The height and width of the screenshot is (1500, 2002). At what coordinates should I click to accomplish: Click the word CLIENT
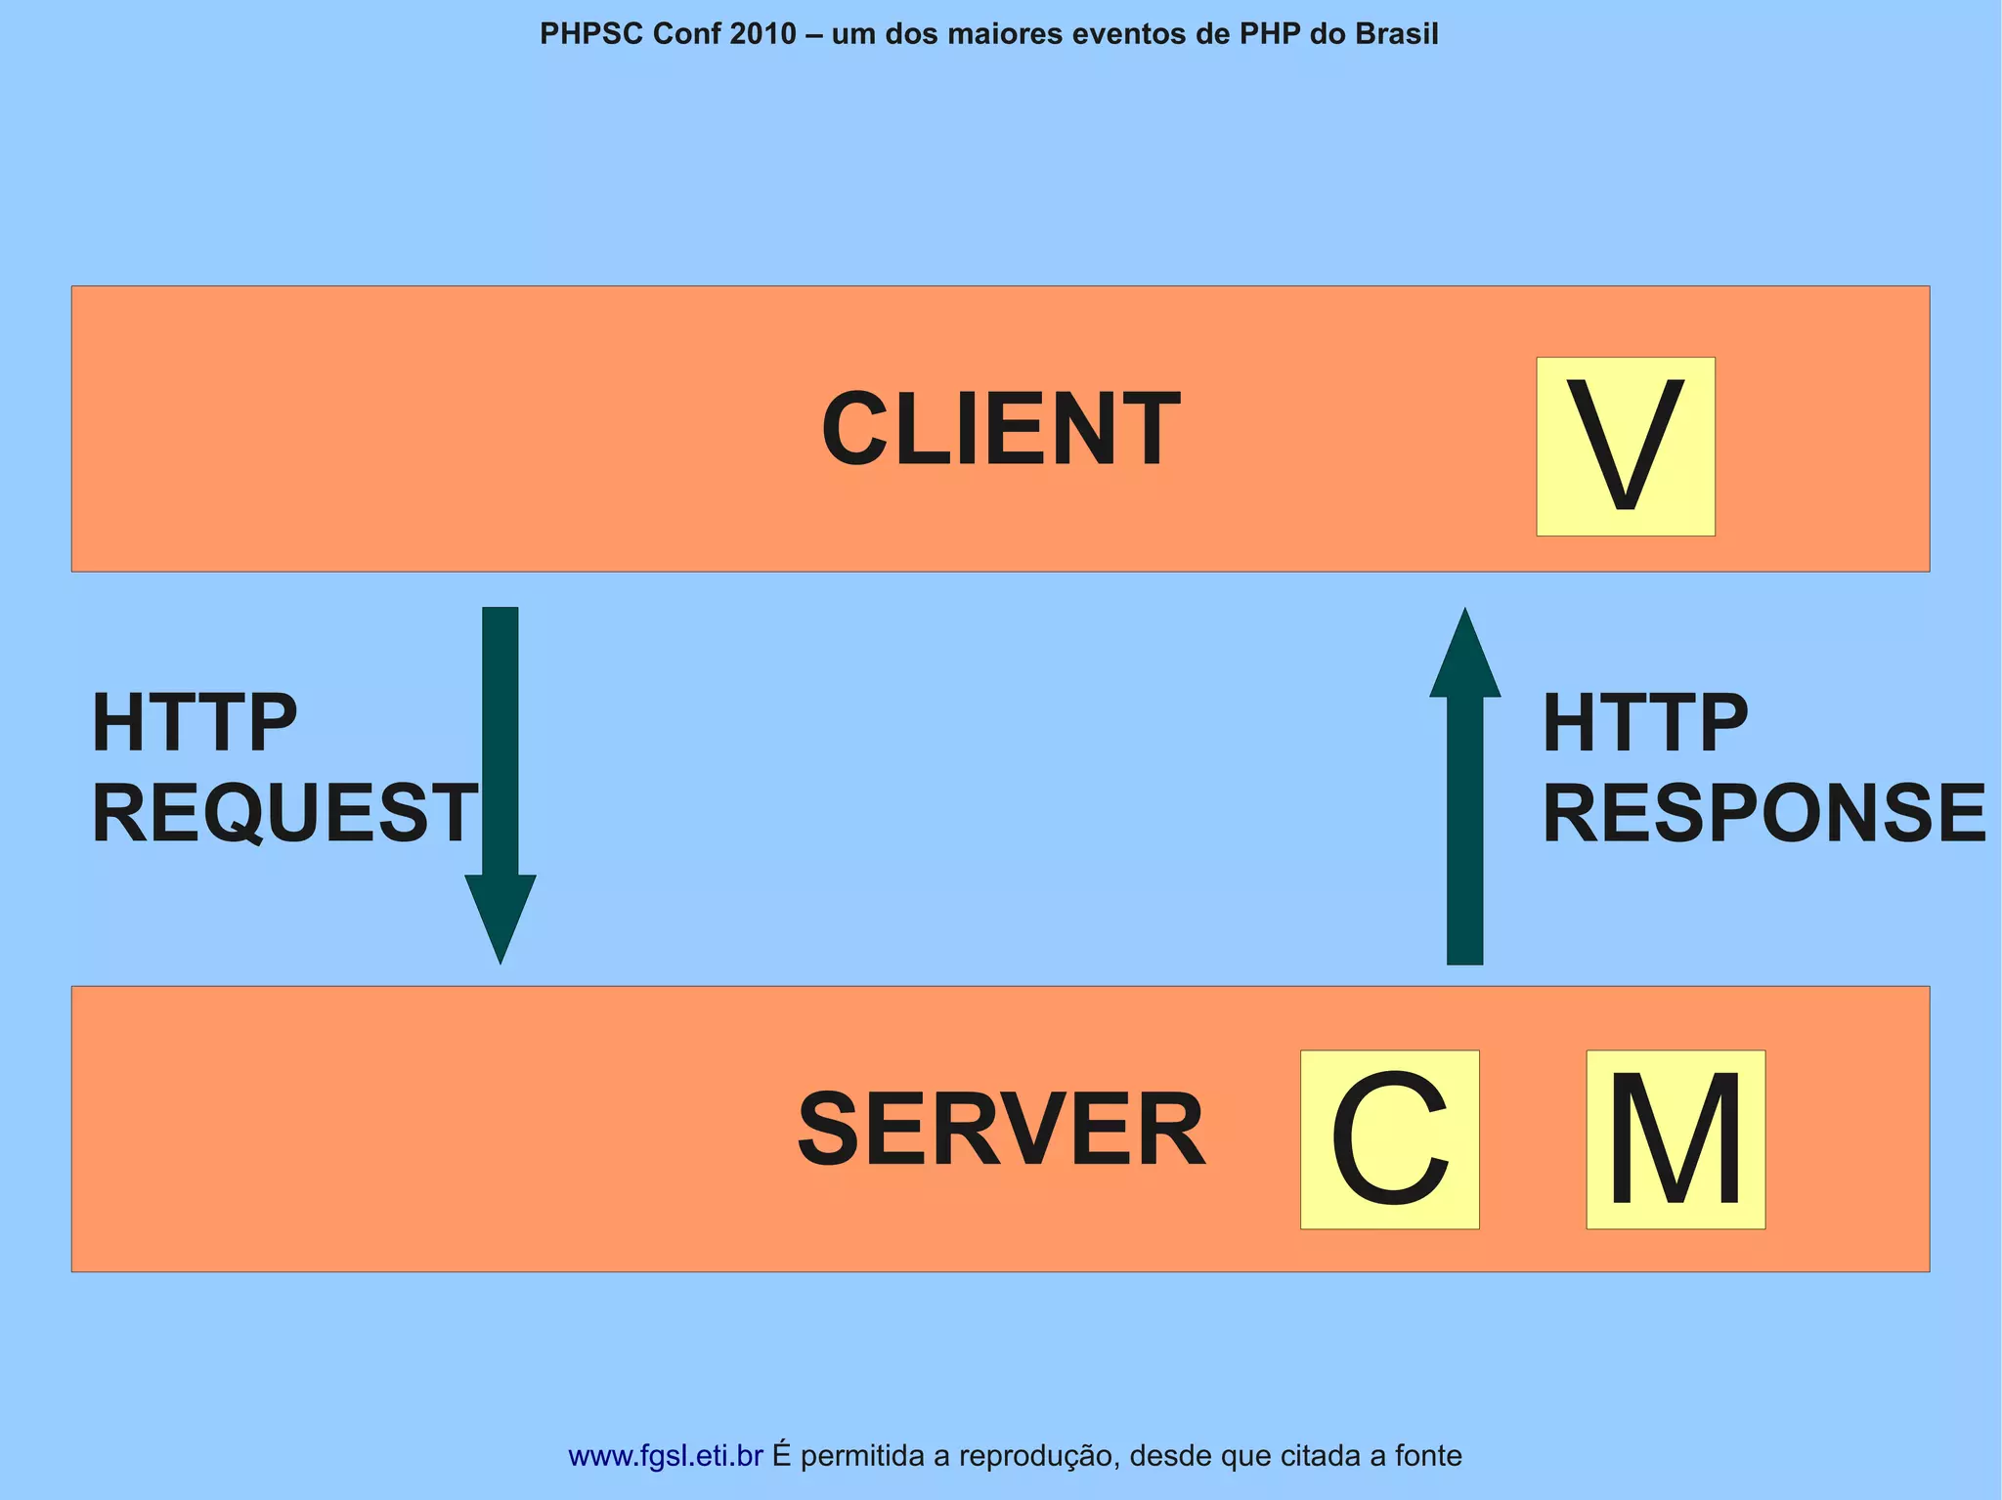point(1000,429)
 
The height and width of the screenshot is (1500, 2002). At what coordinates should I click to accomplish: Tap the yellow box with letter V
point(1625,446)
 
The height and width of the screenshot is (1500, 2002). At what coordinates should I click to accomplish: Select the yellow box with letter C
point(1389,1138)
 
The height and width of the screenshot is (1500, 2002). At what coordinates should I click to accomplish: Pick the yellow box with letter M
point(1675,1138)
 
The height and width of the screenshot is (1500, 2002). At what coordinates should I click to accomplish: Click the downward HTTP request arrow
point(500,762)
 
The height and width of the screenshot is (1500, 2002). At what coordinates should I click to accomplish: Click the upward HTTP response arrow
point(1464,811)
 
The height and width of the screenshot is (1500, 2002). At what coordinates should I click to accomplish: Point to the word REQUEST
point(283,813)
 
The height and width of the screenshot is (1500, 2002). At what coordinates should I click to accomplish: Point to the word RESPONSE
point(1763,813)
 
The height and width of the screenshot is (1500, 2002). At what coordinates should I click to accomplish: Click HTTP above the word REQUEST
point(194,723)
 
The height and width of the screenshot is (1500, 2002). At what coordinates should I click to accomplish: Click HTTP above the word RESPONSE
point(1644,723)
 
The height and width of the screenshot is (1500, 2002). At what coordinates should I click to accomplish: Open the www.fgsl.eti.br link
point(665,1455)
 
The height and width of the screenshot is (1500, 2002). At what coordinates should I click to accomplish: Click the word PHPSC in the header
point(591,34)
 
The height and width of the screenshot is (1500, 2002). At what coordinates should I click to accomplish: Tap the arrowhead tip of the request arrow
point(500,958)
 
